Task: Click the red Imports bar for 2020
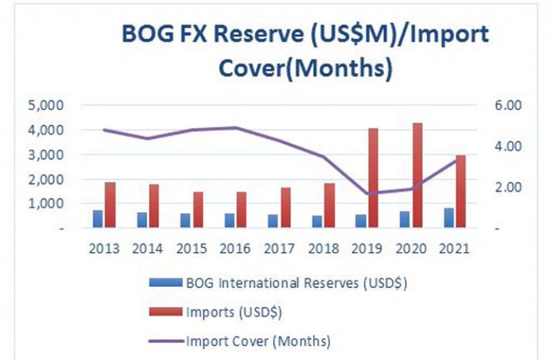[418, 175]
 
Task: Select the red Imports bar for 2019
[373, 178]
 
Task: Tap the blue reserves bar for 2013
[98, 219]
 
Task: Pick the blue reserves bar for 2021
[449, 218]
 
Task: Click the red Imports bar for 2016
[241, 210]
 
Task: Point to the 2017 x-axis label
[279, 248]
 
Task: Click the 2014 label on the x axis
[148, 248]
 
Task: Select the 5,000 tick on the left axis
[47, 105]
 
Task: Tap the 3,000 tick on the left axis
[47, 155]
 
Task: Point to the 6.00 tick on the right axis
[508, 105]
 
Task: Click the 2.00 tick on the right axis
[508, 188]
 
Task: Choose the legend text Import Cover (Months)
[258, 341]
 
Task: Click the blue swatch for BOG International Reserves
[165, 283]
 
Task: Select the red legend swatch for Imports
[165, 311]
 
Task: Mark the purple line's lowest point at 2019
[367, 193]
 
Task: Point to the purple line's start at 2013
[104, 130]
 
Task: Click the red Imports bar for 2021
[461, 191]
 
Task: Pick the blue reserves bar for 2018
[317, 222]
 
